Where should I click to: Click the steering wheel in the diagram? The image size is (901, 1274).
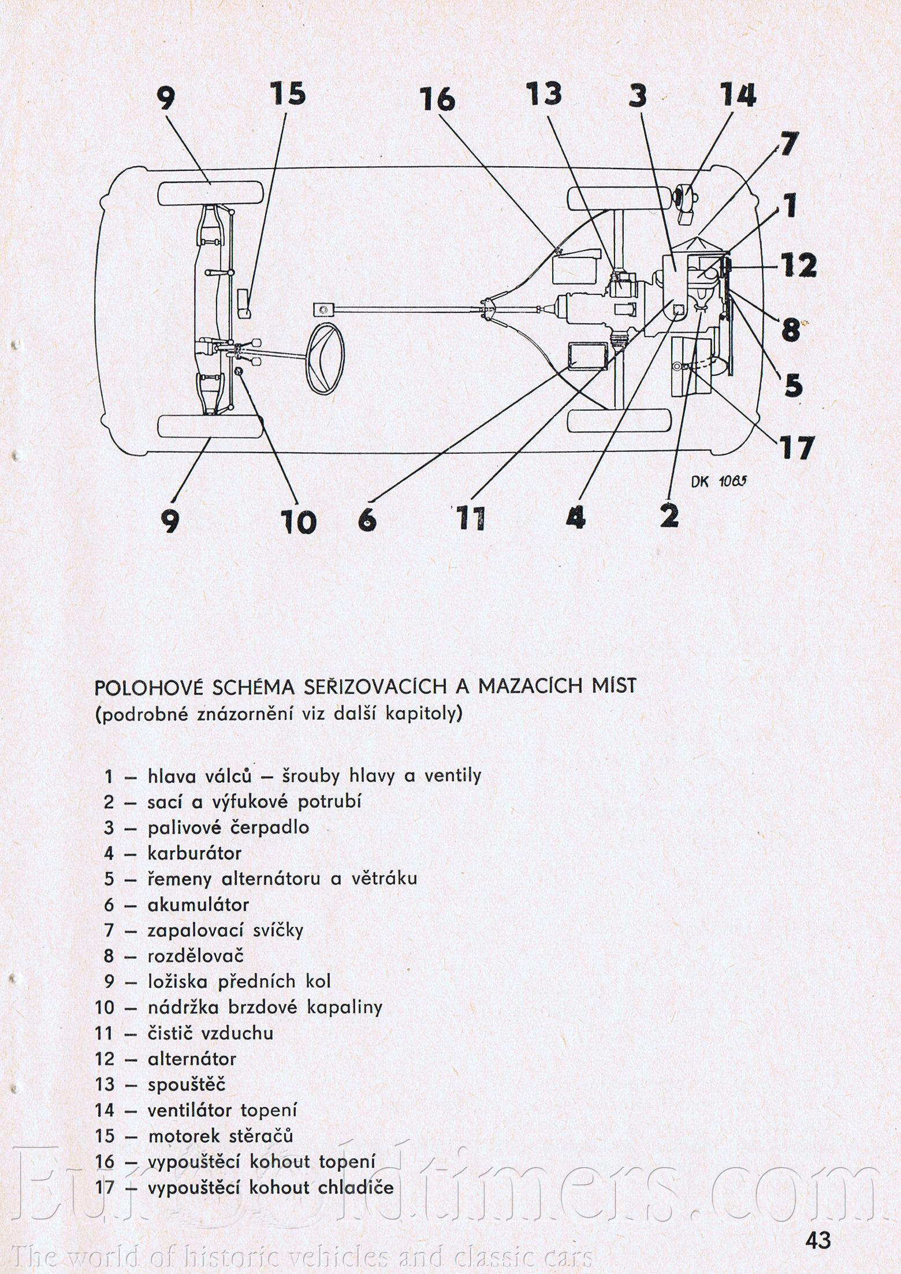coord(327,358)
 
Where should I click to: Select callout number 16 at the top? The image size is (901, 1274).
coord(437,99)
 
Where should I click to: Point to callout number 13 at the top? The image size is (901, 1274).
coord(543,95)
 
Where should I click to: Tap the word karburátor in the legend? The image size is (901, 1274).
coord(194,853)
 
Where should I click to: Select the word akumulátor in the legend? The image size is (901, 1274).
coord(198,904)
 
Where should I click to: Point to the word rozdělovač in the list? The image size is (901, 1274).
coord(196,956)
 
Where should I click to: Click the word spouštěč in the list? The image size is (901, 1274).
coord(187,1084)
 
